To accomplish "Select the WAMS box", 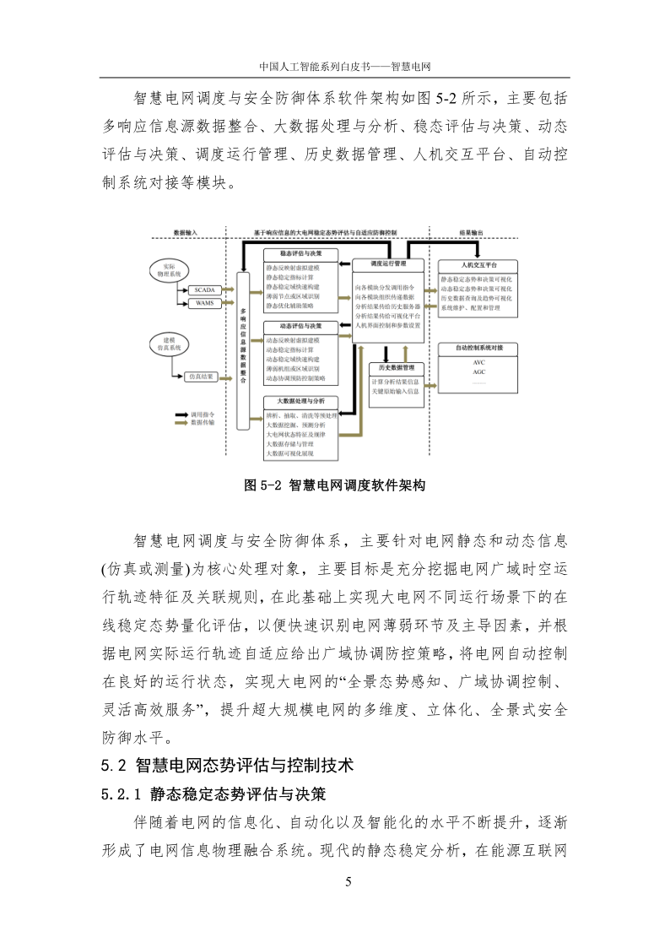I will [x=204, y=302].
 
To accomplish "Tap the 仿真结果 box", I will [x=203, y=376].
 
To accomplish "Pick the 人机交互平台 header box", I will [x=479, y=264].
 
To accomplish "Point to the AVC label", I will [x=479, y=362].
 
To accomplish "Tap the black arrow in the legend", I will [x=181, y=415].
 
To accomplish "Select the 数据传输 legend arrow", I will [x=181, y=424].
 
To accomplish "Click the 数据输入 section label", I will [x=186, y=231].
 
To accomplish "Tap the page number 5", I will [x=348, y=883].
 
